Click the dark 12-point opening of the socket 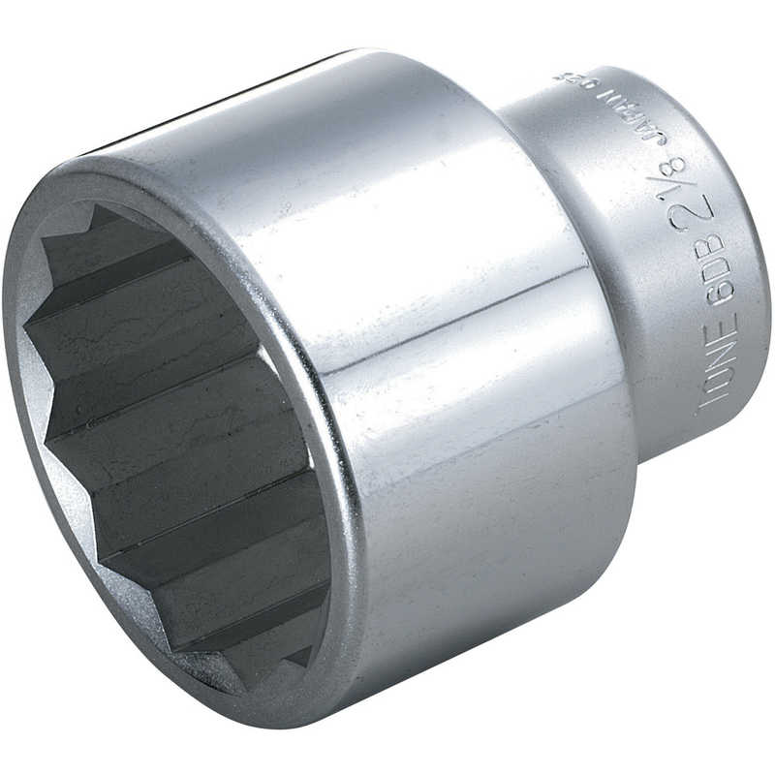[165, 436]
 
